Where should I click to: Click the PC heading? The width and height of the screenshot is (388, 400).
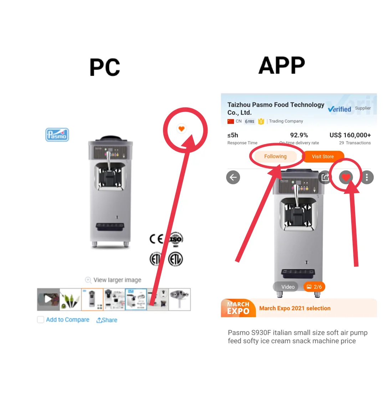pyautogui.click(x=105, y=67)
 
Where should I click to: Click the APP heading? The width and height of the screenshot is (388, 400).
pyautogui.click(x=282, y=66)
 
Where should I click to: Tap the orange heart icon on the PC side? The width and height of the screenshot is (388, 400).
pyautogui.click(x=182, y=129)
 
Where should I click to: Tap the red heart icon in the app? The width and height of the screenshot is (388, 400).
pyautogui.click(x=346, y=177)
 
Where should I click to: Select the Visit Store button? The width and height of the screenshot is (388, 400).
pyautogui.click(x=323, y=157)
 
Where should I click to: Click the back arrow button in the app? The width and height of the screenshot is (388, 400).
pyautogui.click(x=233, y=177)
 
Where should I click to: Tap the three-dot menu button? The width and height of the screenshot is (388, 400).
pyautogui.click(x=367, y=177)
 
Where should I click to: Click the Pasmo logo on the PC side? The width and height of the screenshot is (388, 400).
pyautogui.click(x=57, y=135)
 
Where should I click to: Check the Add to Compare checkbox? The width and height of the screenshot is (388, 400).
pyautogui.click(x=41, y=320)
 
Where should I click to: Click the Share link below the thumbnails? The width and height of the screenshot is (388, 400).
pyautogui.click(x=107, y=320)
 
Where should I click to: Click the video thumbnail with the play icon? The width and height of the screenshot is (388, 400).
pyautogui.click(x=48, y=299)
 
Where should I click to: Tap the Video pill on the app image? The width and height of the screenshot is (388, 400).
pyautogui.click(x=286, y=287)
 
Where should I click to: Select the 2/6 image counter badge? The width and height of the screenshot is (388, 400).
pyautogui.click(x=314, y=287)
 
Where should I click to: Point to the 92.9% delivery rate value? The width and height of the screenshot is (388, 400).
pyautogui.click(x=299, y=135)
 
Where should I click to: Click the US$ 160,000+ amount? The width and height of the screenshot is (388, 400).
pyautogui.click(x=350, y=135)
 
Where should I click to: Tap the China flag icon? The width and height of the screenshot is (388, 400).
pyautogui.click(x=231, y=121)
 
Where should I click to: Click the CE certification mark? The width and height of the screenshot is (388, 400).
pyautogui.click(x=156, y=239)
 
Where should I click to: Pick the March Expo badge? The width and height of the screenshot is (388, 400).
pyautogui.click(x=238, y=308)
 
